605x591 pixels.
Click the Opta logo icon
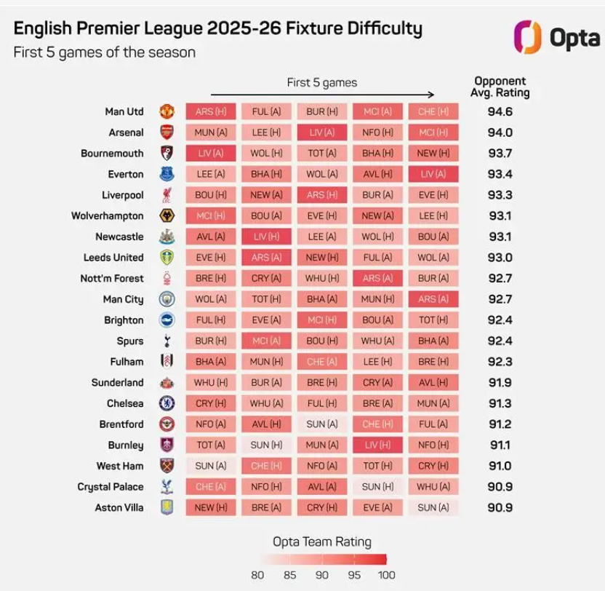(x=526, y=36)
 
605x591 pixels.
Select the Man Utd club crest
(x=167, y=111)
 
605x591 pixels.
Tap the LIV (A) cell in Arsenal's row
(x=322, y=132)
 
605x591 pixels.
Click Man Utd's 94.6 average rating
(x=500, y=111)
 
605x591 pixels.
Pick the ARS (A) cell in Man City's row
(x=433, y=299)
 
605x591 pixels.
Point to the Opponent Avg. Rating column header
(x=500, y=87)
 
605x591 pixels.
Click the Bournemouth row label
(x=112, y=154)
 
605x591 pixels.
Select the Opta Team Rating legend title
(x=321, y=541)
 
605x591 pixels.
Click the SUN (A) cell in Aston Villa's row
(x=433, y=507)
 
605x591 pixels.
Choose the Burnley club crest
(x=167, y=445)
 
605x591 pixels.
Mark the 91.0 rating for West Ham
(x=500, y=466)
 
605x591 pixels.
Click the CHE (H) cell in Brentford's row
(x=377, y=424)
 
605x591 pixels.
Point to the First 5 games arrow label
(x=321, y=82)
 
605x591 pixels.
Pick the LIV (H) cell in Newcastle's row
(x=266, y=237)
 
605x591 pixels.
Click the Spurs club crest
(x=167, y=341)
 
